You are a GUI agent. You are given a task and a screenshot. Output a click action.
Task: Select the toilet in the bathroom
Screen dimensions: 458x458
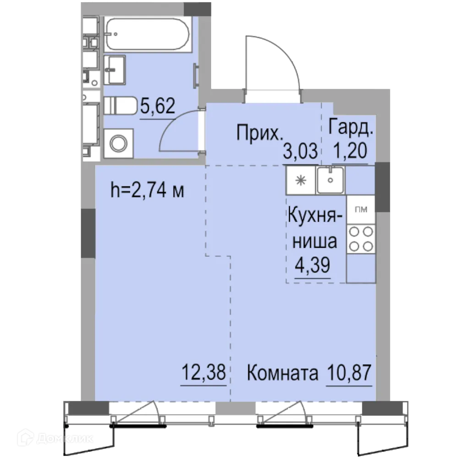pos(120,106)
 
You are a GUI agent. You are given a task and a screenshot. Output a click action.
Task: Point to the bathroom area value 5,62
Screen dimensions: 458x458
pos(157,108)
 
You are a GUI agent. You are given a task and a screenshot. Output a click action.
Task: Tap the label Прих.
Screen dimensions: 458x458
pos(259,133)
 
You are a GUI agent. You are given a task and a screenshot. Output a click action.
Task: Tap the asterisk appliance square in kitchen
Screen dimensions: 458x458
pos(300,180)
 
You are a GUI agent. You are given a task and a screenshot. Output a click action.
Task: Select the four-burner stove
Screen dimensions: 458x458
pos(360,239)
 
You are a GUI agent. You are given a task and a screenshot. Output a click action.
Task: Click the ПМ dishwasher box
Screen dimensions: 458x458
pos(360,210)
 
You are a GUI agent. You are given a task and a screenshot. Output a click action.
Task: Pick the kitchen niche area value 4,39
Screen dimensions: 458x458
pos(313,267)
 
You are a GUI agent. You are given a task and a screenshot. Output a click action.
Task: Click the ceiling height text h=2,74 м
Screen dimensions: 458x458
pos(147,191)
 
